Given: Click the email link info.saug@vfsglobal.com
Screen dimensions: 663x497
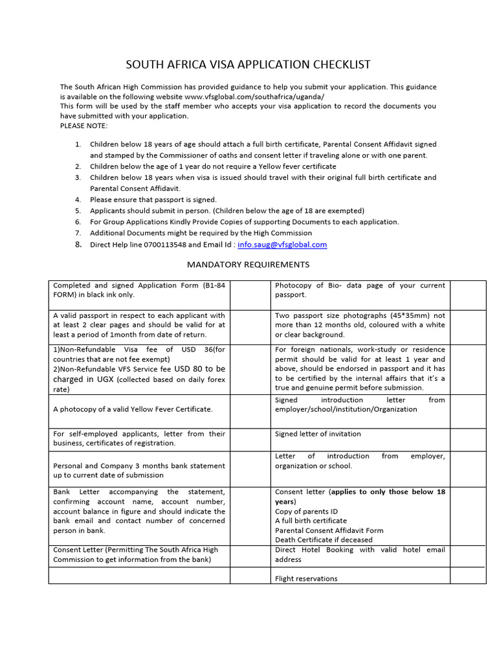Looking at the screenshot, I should coord(282,245).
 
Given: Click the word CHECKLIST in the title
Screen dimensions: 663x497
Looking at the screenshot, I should coord(338,64).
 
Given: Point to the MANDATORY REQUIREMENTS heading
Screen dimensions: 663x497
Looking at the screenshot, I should coord(248,264).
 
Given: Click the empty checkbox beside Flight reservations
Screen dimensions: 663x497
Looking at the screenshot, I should coord(468,576).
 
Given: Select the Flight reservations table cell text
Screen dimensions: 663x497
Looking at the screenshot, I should coord(306,579).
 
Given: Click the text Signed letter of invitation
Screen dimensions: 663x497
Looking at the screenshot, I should coord(318,434).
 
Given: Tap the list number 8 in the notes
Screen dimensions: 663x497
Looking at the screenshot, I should coord(78,245).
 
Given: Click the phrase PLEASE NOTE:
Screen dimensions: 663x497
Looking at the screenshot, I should coord(84,126).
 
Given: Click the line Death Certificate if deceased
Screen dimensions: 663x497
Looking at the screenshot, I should coord(324,540).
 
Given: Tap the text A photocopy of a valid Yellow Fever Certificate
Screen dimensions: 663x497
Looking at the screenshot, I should coord(133,409).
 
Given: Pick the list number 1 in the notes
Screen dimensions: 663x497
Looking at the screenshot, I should coord(78,144).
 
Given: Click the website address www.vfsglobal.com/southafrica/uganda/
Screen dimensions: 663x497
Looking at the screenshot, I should coord(254,96).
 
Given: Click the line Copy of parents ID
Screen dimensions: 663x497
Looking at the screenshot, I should coord(306,511).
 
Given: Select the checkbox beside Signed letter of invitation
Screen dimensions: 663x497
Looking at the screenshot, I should coord(468,440).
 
